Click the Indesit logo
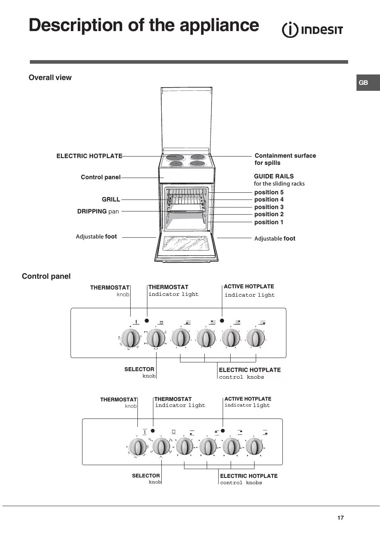click(312, 30)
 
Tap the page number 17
click(340, 518)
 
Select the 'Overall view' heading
click(50, 78)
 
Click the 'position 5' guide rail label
click(269, 192)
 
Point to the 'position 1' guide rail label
click(269, 222)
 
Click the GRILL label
click(111, 200)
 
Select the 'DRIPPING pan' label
click(98, 211)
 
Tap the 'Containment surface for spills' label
click(285, 159)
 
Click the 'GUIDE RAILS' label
click(274, 176)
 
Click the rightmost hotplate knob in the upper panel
click(255, 338)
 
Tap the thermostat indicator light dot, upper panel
click(147, 321)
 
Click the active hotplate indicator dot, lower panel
click(223, 430)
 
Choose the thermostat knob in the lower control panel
click(138, 447)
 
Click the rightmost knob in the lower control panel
click(254, 447)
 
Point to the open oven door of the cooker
click(186, 248)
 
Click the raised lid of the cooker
click(186, 119)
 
